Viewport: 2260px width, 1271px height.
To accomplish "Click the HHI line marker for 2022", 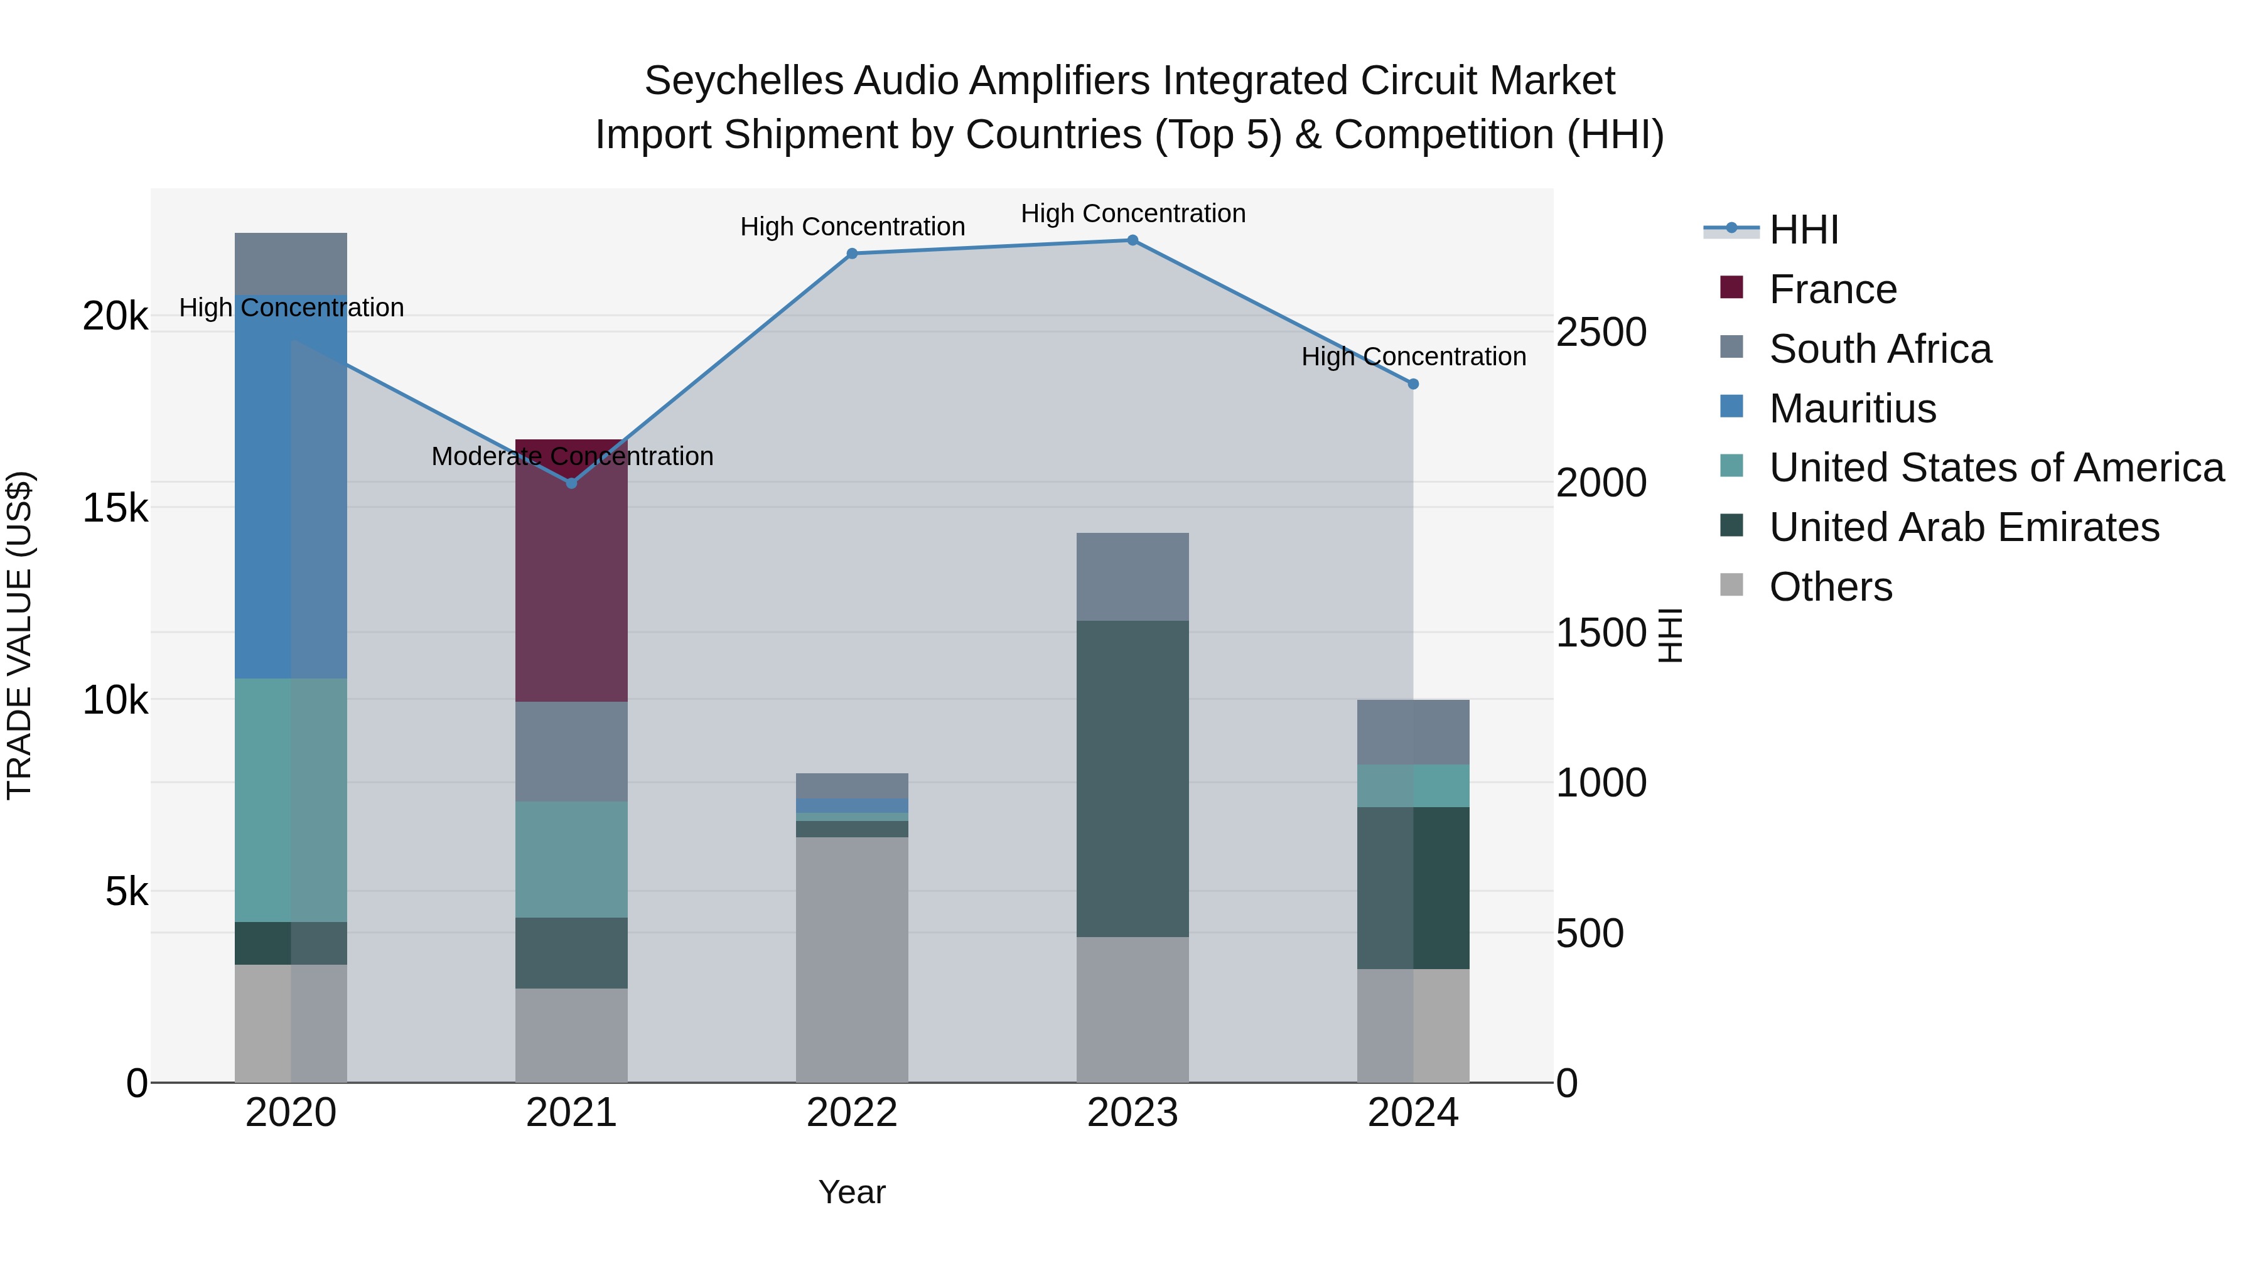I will pyautogui.click(x=851, y=254).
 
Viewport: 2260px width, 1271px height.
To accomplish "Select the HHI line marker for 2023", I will pyautogui.click(x=1132, y=240).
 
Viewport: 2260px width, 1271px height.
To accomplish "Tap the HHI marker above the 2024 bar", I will pyautogui.click(x=1412, y=384).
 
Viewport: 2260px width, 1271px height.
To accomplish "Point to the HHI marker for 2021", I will pyautogui.click(x=571, y=483).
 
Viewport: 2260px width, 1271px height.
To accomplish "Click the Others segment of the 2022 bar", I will pyautogui.click(x=851, y=960).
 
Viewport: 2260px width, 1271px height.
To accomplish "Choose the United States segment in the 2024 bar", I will pyautogui.click(x=1412, y=785).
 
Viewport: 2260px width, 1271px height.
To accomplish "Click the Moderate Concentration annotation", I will pyautogui.click(x=572, y=456).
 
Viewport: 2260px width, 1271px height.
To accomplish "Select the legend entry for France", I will pyautogui.click(x=1832, y=289).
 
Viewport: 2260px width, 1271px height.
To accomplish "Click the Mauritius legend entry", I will pyautogui.click(x=1851, y=409).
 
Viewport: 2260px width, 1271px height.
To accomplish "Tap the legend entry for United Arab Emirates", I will pyautogui.click(x=1964, y=527).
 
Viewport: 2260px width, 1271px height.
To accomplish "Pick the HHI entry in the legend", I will pyautogui.click(x=1803, y=230).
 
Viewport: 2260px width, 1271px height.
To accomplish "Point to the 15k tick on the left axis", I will pyautogui.click(x=115, y=508).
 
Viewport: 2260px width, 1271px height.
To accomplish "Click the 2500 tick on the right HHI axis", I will pyautogui.click(x=1600, y=333).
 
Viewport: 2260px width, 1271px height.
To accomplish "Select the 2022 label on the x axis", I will pyautogui.click(x=851, y=1113).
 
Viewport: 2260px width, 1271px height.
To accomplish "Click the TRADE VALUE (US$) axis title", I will pyautogui.click(x=19, y=635).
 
